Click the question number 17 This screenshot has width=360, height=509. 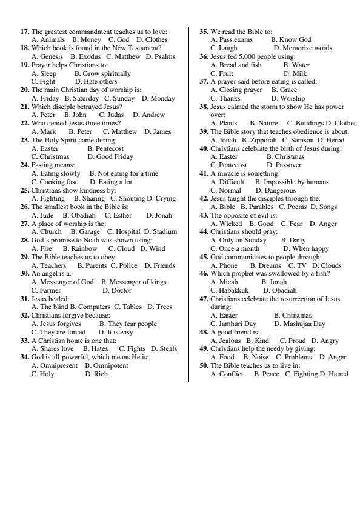click(x=25, y=32)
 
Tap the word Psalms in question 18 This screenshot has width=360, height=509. click(x=164, y=56)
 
